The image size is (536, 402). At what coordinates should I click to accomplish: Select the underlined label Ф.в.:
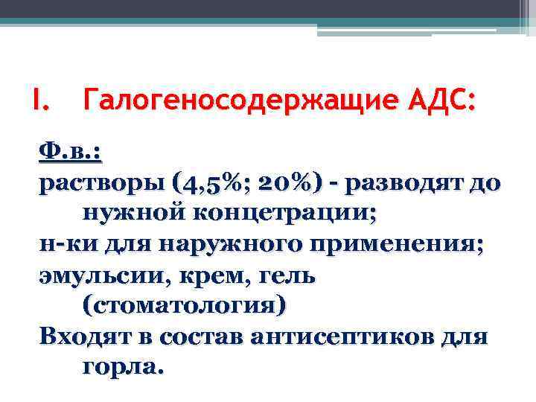point(70,152)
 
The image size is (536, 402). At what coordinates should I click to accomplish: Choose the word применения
point(381,244)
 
